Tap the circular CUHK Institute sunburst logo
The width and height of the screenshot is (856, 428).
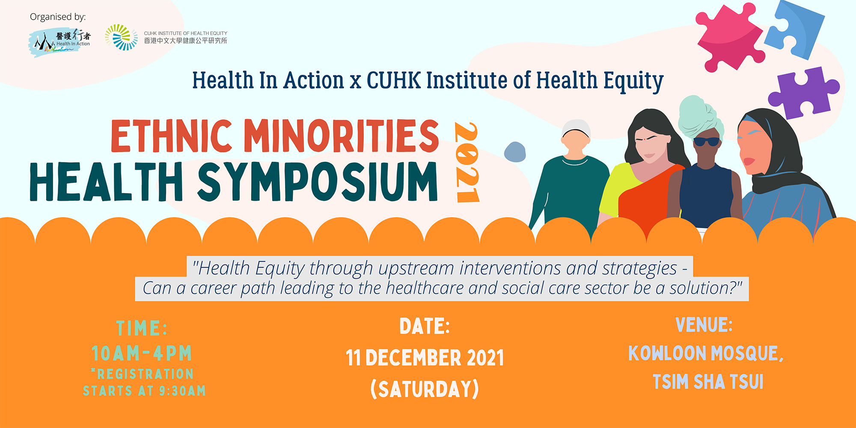121,37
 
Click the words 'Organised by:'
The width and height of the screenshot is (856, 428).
58,17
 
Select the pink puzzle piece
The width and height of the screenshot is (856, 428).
730,37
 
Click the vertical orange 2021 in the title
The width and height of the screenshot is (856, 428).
467,162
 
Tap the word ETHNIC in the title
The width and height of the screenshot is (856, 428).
171,136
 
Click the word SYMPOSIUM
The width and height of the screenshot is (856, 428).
318,181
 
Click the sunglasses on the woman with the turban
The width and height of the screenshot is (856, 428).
706,141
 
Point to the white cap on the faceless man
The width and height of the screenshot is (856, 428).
576,128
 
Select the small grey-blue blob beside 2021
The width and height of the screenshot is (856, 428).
515,152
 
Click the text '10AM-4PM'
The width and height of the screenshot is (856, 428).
142,354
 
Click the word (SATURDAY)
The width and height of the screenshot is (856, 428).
425,389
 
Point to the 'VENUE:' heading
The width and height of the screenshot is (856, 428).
704,325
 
